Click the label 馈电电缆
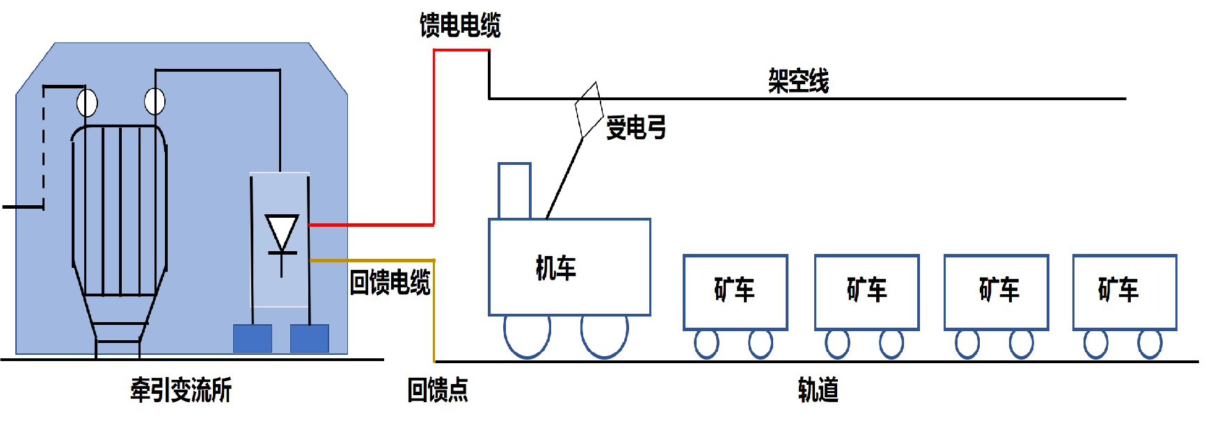pos(460,26)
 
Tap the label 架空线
pos(798,81)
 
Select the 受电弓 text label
pos(636,128)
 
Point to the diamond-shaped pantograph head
pos(589,110)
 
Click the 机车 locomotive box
pos(569,267)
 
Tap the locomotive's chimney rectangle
pos(514,191)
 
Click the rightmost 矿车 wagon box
pos(1124,292)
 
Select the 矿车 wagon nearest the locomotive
pos(735,292)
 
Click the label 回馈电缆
pos(390,282)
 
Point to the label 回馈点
pos(437,390)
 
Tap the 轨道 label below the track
pos(818,390)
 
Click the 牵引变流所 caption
pos(181,390)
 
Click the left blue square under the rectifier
pos(252,339)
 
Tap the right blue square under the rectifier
pos(309,339)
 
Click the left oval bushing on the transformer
pos(87,103)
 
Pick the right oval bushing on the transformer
pos(154,102)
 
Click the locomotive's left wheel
pos(527,335)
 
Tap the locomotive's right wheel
pos(604,335)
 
